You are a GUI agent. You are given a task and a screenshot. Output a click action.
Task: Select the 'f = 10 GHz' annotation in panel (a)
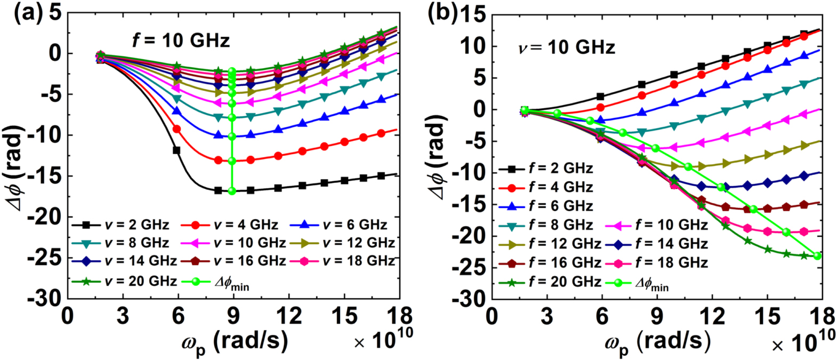(x=181, y=40)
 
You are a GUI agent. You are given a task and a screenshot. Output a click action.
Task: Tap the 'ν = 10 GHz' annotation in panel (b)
(x=566, y=48)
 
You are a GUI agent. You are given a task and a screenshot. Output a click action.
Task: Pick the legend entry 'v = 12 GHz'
(x=358, y=243)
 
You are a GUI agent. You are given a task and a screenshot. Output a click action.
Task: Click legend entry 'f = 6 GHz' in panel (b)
(x=560, y=206)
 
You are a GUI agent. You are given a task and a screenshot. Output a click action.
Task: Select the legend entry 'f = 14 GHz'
(x=671, y=244)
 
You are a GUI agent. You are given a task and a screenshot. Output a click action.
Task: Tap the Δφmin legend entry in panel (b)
(x=651, y=283)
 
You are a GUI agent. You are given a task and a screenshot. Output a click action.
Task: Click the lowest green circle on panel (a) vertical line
(x=232, y=191)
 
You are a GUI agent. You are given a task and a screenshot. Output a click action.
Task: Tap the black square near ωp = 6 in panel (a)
(x=176, y=150)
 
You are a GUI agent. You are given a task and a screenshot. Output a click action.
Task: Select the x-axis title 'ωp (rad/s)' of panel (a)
(x=235, y=342)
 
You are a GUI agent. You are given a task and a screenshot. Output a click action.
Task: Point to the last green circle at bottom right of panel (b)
(x=817, y=256)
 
